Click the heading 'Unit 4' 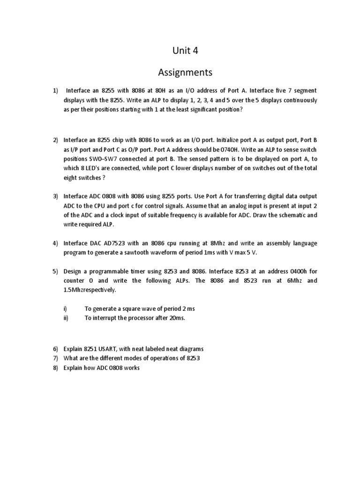pos(185,51)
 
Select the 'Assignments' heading pos(185,73)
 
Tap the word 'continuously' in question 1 pos(298,100)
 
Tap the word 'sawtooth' pos(136,253)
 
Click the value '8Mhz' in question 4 pos(220,243)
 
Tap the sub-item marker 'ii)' pos(66,318)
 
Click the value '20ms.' pos(176,318)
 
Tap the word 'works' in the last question pos(131,368)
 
